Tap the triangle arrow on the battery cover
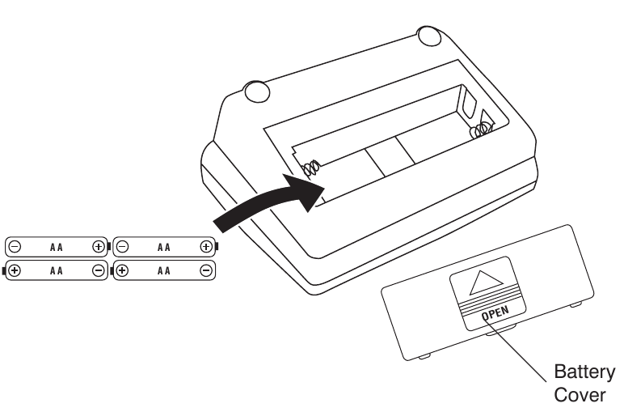(485, 283)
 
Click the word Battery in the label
(584, 372)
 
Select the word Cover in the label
(580, 395)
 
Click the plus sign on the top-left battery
(98, 247)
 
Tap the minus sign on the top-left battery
(15, 247)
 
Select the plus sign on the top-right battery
(206, 247)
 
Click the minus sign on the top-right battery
(122, 247)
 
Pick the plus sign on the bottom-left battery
(15, 270)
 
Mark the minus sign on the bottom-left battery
(98, 270)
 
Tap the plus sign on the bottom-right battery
(122, 270)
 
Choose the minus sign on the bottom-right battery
(206, 270)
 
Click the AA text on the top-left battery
(56, 248)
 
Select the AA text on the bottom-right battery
(163, 271)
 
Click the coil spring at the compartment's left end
(312, 168)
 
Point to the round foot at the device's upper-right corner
(429, 36)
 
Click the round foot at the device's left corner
(257, 91)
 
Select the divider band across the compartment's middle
(390, 156)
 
